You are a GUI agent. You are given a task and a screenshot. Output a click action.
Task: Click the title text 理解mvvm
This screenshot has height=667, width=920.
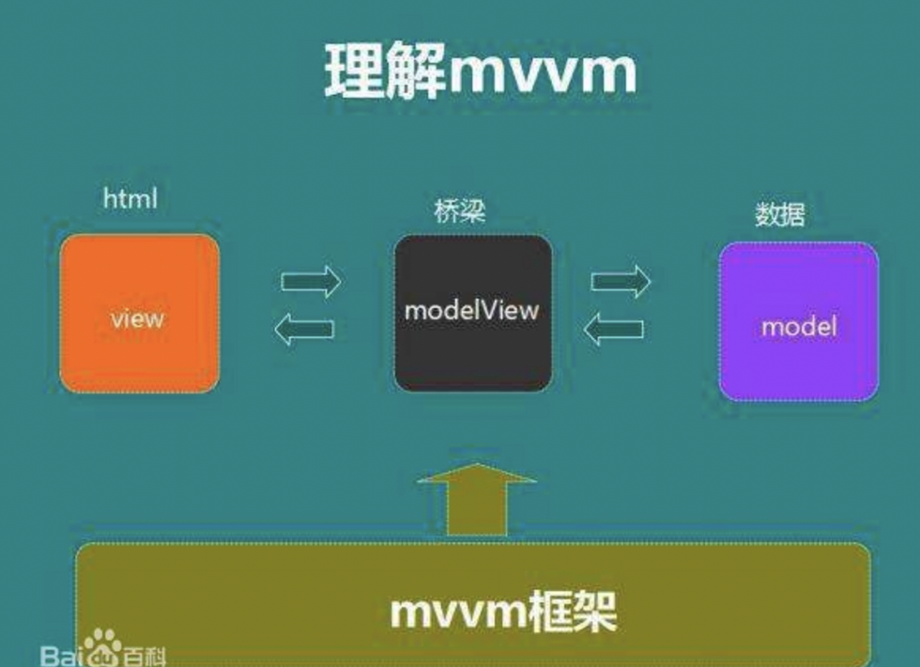[480, 71]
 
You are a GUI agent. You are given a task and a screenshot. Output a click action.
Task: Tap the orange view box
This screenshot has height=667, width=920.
[139, 313]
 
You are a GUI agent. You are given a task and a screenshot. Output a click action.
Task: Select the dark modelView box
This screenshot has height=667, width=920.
[472, 313]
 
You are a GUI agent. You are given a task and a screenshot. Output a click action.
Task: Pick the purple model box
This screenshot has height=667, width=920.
[799, 321]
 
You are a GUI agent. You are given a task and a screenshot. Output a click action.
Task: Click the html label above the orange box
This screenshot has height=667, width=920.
[130, 199]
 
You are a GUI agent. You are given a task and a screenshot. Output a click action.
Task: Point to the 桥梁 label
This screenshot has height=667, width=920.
[460, 209]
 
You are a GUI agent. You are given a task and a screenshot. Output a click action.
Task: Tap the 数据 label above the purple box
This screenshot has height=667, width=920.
[780, 214]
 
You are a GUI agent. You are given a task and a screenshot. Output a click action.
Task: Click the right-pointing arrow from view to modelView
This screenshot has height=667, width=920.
[311, 280]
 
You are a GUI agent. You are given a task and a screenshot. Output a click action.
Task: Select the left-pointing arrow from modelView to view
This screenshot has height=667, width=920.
[304, 328]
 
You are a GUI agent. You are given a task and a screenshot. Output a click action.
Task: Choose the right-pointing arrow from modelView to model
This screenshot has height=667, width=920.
[621, 280]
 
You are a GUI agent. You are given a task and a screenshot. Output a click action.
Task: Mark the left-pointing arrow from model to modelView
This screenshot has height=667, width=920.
[614, 328]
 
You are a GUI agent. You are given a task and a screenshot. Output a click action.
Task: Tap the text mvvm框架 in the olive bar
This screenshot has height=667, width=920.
[502, 612]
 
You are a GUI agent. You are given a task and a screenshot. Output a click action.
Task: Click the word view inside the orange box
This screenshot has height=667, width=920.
[137, 318]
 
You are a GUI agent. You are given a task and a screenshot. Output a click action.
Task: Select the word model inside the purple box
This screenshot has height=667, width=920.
[799, 327]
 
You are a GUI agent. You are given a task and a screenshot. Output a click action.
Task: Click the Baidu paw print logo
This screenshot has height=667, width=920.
[105, 646]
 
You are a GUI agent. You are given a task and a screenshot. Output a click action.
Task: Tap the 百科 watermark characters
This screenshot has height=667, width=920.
[145, 654]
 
